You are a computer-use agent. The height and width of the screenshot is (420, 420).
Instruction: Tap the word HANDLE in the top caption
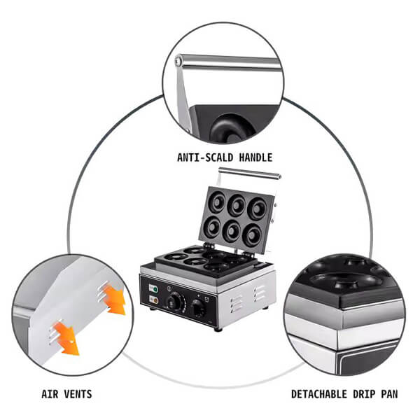coord(255,157)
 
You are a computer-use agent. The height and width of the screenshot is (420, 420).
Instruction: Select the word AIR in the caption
coord(50,394)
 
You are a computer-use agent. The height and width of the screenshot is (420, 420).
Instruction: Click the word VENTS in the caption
coord(78,394)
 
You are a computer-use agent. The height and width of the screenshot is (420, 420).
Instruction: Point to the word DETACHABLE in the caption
coord(319,394)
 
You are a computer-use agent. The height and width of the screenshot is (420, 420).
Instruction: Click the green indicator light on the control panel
coord(155,289)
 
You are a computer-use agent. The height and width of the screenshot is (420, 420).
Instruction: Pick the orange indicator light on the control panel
coord(155,300)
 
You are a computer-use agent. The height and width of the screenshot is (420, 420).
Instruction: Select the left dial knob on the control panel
coord(173,302)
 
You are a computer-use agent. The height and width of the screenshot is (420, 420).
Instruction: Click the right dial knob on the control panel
coord(198,308)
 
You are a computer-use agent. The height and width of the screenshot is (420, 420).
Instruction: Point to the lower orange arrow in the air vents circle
coord(66,339)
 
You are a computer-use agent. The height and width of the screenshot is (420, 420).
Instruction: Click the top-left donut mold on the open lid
coord(217,202)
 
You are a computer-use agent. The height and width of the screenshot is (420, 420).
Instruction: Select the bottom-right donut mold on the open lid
coord(252,235)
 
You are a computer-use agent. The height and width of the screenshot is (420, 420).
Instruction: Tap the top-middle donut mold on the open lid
coord(237,205)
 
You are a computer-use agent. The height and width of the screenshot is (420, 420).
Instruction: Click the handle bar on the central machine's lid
coord(250,173)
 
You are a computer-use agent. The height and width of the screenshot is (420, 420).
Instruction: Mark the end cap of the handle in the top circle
coord(178,62)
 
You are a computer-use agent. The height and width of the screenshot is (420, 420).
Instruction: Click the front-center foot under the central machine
coord(218,330)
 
